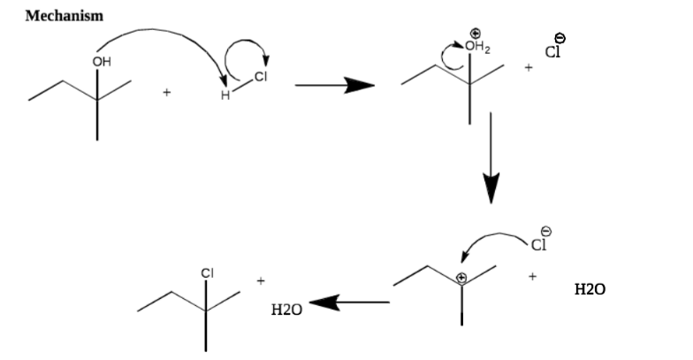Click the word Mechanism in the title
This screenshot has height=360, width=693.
tap(64, 16)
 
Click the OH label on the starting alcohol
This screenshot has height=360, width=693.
tap(102, 62)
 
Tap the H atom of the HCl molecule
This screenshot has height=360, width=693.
tap(225, 96)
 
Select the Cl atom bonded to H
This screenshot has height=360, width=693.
tap(261, 76)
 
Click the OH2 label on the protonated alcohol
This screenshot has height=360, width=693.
tap(477, 46)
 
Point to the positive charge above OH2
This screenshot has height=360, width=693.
tap(476, 33)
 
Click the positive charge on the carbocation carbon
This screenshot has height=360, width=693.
tap(461, 278)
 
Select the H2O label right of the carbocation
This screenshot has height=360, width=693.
tap(590, 289)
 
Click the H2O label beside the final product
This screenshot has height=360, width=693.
tap(286, 310)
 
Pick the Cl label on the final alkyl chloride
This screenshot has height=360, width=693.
tap(207, 273)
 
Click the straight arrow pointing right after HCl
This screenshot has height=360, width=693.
tap(334, 85)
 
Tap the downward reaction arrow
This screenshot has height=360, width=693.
tap(491, 157)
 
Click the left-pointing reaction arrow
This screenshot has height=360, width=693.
tap(349, 303)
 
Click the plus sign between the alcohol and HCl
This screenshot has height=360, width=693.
tap(166, 92)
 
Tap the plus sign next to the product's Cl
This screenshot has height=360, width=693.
tap(261, 281)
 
